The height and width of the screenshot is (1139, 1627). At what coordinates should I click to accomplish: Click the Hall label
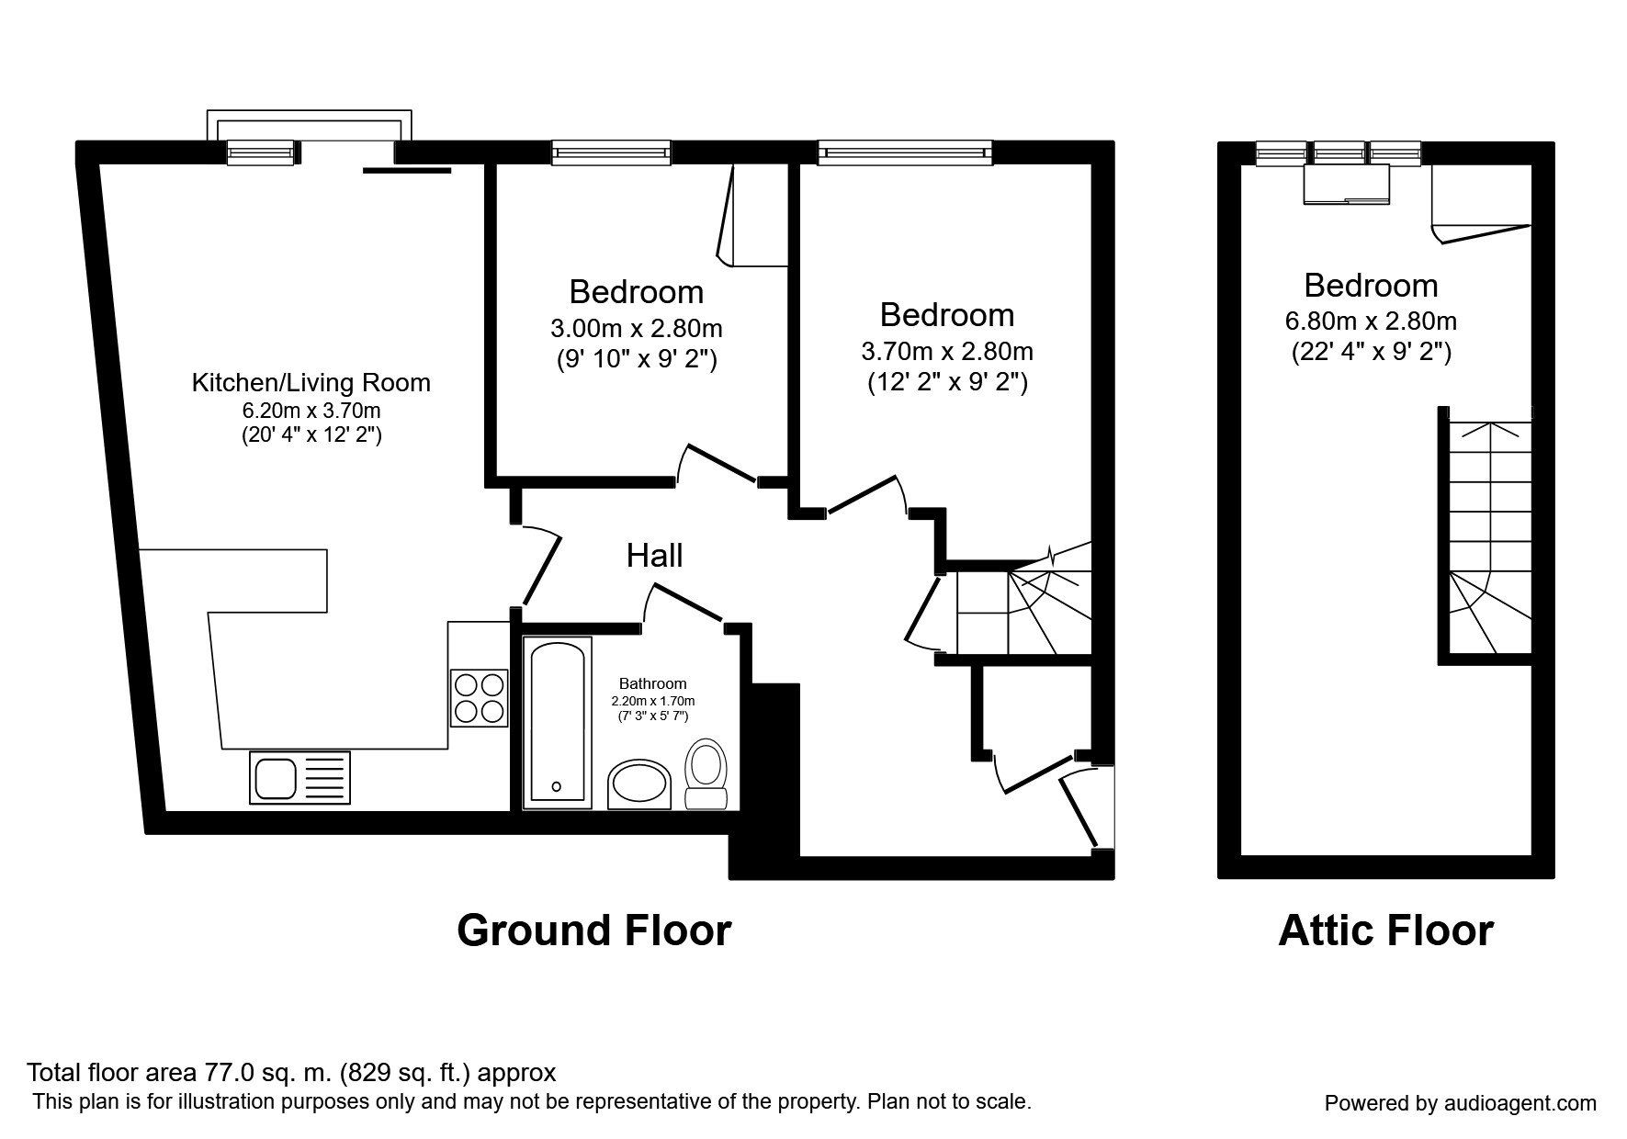(x=654, y=555)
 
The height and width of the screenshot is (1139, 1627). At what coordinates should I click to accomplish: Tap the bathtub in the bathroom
(x=555, y=725)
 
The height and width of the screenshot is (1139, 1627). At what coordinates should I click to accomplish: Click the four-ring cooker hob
(x=479, y=697)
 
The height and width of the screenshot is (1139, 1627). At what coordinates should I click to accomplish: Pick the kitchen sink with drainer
(x=300, y=777)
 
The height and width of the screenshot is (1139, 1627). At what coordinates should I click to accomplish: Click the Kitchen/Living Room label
(x=311, y=382)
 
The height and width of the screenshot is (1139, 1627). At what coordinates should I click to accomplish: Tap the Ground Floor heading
(x=593, y=930)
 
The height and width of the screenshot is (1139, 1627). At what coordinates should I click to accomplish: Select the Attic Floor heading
(x=1385, y=930)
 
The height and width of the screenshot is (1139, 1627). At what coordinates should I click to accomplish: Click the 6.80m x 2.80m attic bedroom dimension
(x=1371, y=321)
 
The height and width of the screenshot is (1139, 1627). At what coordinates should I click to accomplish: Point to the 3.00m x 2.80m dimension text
(x=637, y=328)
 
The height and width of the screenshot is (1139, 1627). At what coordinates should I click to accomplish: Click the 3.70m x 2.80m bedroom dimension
(x=947, y=351)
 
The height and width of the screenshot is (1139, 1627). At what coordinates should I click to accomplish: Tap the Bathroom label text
(x=652, y=683)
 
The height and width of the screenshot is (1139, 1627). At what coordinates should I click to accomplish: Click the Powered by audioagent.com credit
(x=1460, y=1103)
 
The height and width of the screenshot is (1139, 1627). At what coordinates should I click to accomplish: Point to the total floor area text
(x=291, y=1072)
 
